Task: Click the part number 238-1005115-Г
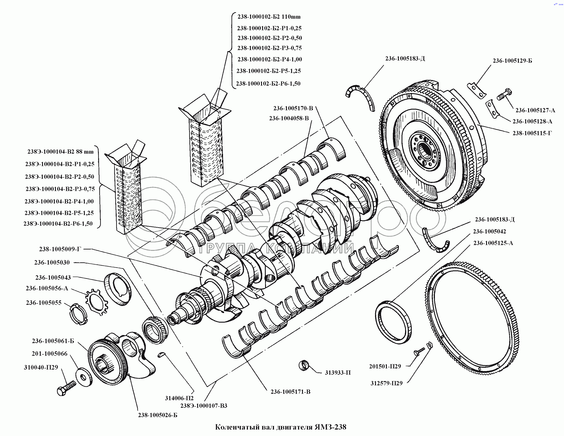(x=532, y=133)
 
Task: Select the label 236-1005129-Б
(x=512, y=61)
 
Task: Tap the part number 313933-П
(x=337, y=373)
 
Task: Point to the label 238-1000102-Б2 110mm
(x=269, y=17)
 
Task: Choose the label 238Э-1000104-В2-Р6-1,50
(x=58, y=223)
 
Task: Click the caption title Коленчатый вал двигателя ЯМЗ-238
(x=281, y=427)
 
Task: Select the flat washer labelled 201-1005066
(x=84, y=377)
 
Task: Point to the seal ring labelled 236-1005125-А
(x=393, y=322)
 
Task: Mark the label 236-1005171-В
(x=290, y=392)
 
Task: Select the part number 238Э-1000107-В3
(x=203, y=406)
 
